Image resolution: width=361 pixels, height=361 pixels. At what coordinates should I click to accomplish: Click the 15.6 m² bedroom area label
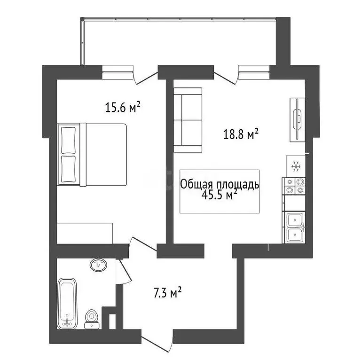[x=123, y=108]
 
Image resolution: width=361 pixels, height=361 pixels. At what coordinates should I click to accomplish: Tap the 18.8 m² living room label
[x=241, y=135]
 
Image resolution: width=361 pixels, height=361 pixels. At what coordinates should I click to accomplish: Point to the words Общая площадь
[x=220, y=184]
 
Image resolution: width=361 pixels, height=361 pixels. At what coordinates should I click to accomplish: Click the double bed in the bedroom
[x=93, y=154]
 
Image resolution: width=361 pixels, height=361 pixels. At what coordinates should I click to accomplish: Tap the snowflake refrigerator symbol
[x=296, y=165]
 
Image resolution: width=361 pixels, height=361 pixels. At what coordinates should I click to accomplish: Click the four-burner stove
[x=294, y=186]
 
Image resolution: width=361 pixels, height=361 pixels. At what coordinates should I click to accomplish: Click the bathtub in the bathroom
[x=67, y=303]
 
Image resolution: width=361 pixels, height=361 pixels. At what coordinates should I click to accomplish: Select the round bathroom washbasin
[x=98, y=265]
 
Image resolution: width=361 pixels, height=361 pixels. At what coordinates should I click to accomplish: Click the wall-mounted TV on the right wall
[x=297, y=119]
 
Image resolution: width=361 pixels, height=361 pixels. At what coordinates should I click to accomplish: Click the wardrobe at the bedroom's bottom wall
[x=85, y=233]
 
